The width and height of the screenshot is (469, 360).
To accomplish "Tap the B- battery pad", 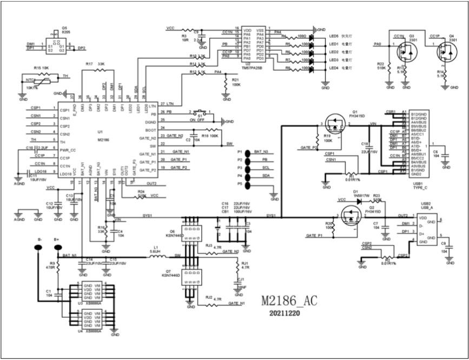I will pos(39,248).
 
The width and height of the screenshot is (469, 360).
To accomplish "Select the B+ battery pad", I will pos(57,248).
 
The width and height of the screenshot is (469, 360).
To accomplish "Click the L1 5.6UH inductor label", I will pos(154,249).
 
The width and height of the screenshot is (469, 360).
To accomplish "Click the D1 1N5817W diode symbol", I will pos(357,201).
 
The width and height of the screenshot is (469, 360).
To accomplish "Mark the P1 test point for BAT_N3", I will pos(248,153).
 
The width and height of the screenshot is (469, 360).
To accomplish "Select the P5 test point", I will pos(248,184).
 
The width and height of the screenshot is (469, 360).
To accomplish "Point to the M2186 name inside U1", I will pos(104,139).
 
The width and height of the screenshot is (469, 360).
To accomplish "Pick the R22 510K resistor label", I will pos(381,66).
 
